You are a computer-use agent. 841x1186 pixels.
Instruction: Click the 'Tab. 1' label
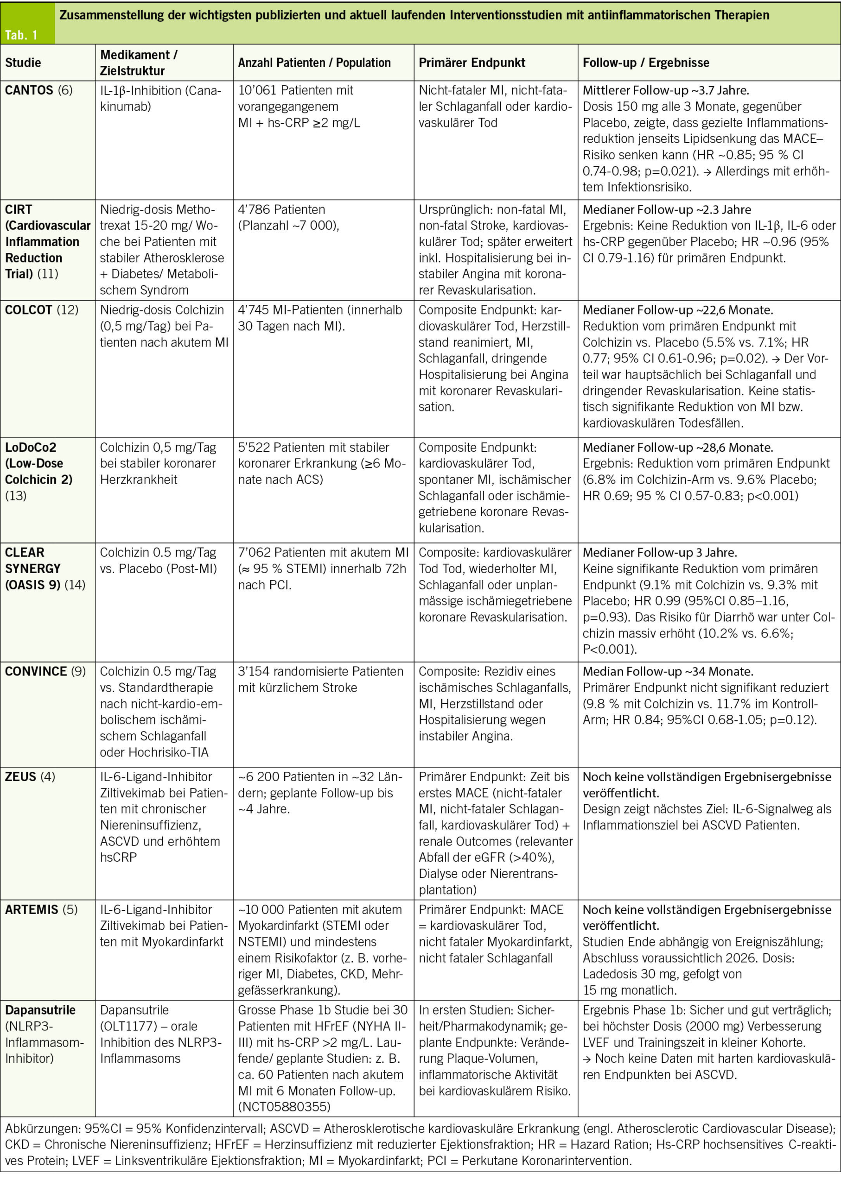click(21, 35)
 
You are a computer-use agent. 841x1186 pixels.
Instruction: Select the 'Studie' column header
click(23, 63)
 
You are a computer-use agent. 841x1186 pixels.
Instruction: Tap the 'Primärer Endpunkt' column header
click(472, 63)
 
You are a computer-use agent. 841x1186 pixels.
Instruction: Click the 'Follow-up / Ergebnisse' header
click(646, 63)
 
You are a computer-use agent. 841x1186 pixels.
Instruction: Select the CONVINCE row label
click(36, 672)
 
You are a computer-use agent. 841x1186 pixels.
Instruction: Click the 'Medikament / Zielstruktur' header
click(139, 63)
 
